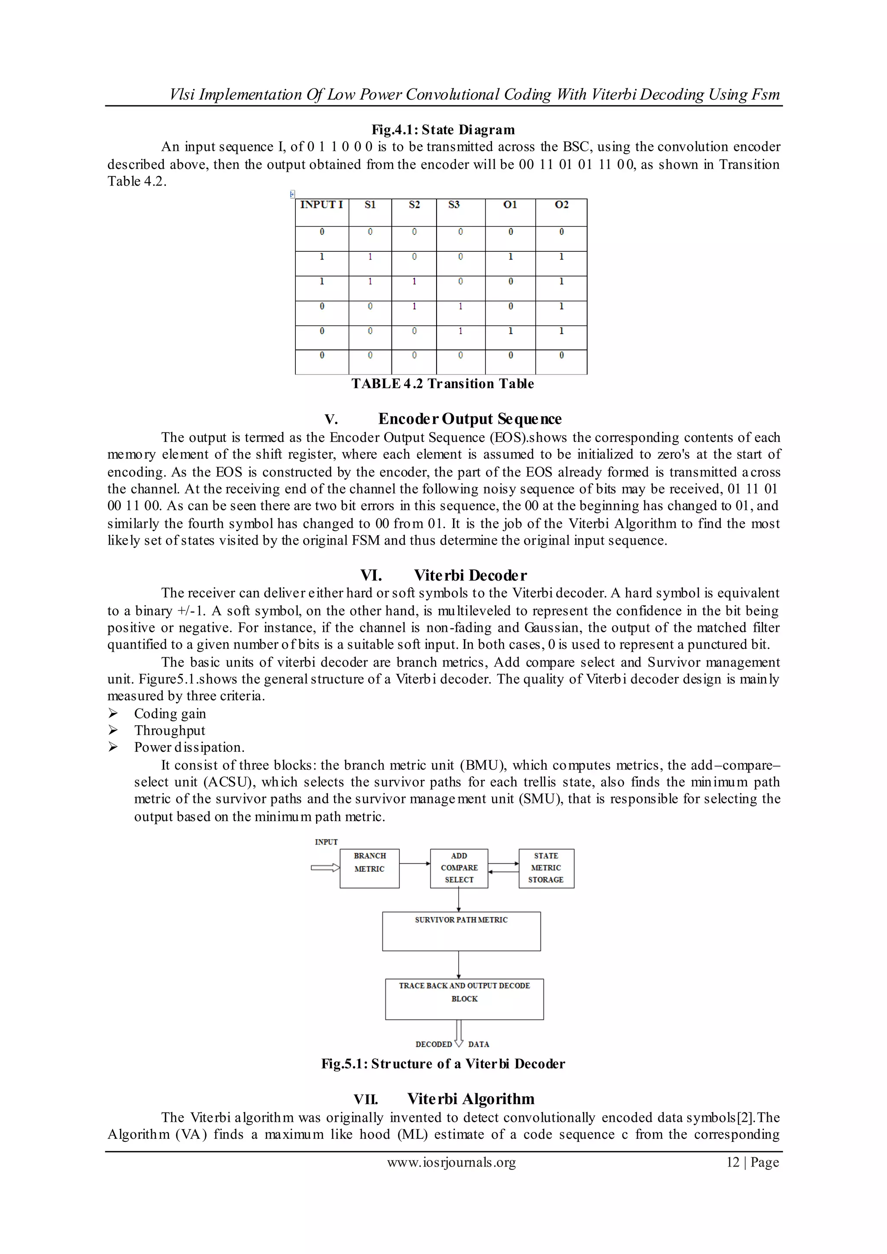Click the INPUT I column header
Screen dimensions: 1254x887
click(x=321, y=205)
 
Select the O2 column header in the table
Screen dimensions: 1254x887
click(x=561, y=205)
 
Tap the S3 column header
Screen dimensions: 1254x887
click(x=453, y=205)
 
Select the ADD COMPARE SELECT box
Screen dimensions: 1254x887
click(x=459, y=868)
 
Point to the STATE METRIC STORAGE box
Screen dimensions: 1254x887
click(x=546, y=868)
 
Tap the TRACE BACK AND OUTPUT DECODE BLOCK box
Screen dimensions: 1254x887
click(x=464, y=999)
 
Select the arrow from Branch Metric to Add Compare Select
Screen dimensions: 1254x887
click(x=414, y=863)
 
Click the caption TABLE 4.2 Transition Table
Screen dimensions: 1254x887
click(x=442, y=383)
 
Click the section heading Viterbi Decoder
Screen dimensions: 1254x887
click(x=470, y=575)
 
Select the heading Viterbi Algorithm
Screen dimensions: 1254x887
click(x=470, y=1099)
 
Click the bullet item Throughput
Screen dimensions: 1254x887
click(x=170, y=731)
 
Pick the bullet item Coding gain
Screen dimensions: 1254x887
click(x=170, y=714)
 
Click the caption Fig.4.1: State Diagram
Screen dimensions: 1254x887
click(x=443, y=130)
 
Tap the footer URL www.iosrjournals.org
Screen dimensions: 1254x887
click(x=451, y=1162)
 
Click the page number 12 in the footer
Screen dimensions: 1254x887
click(x=732, y=1162)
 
